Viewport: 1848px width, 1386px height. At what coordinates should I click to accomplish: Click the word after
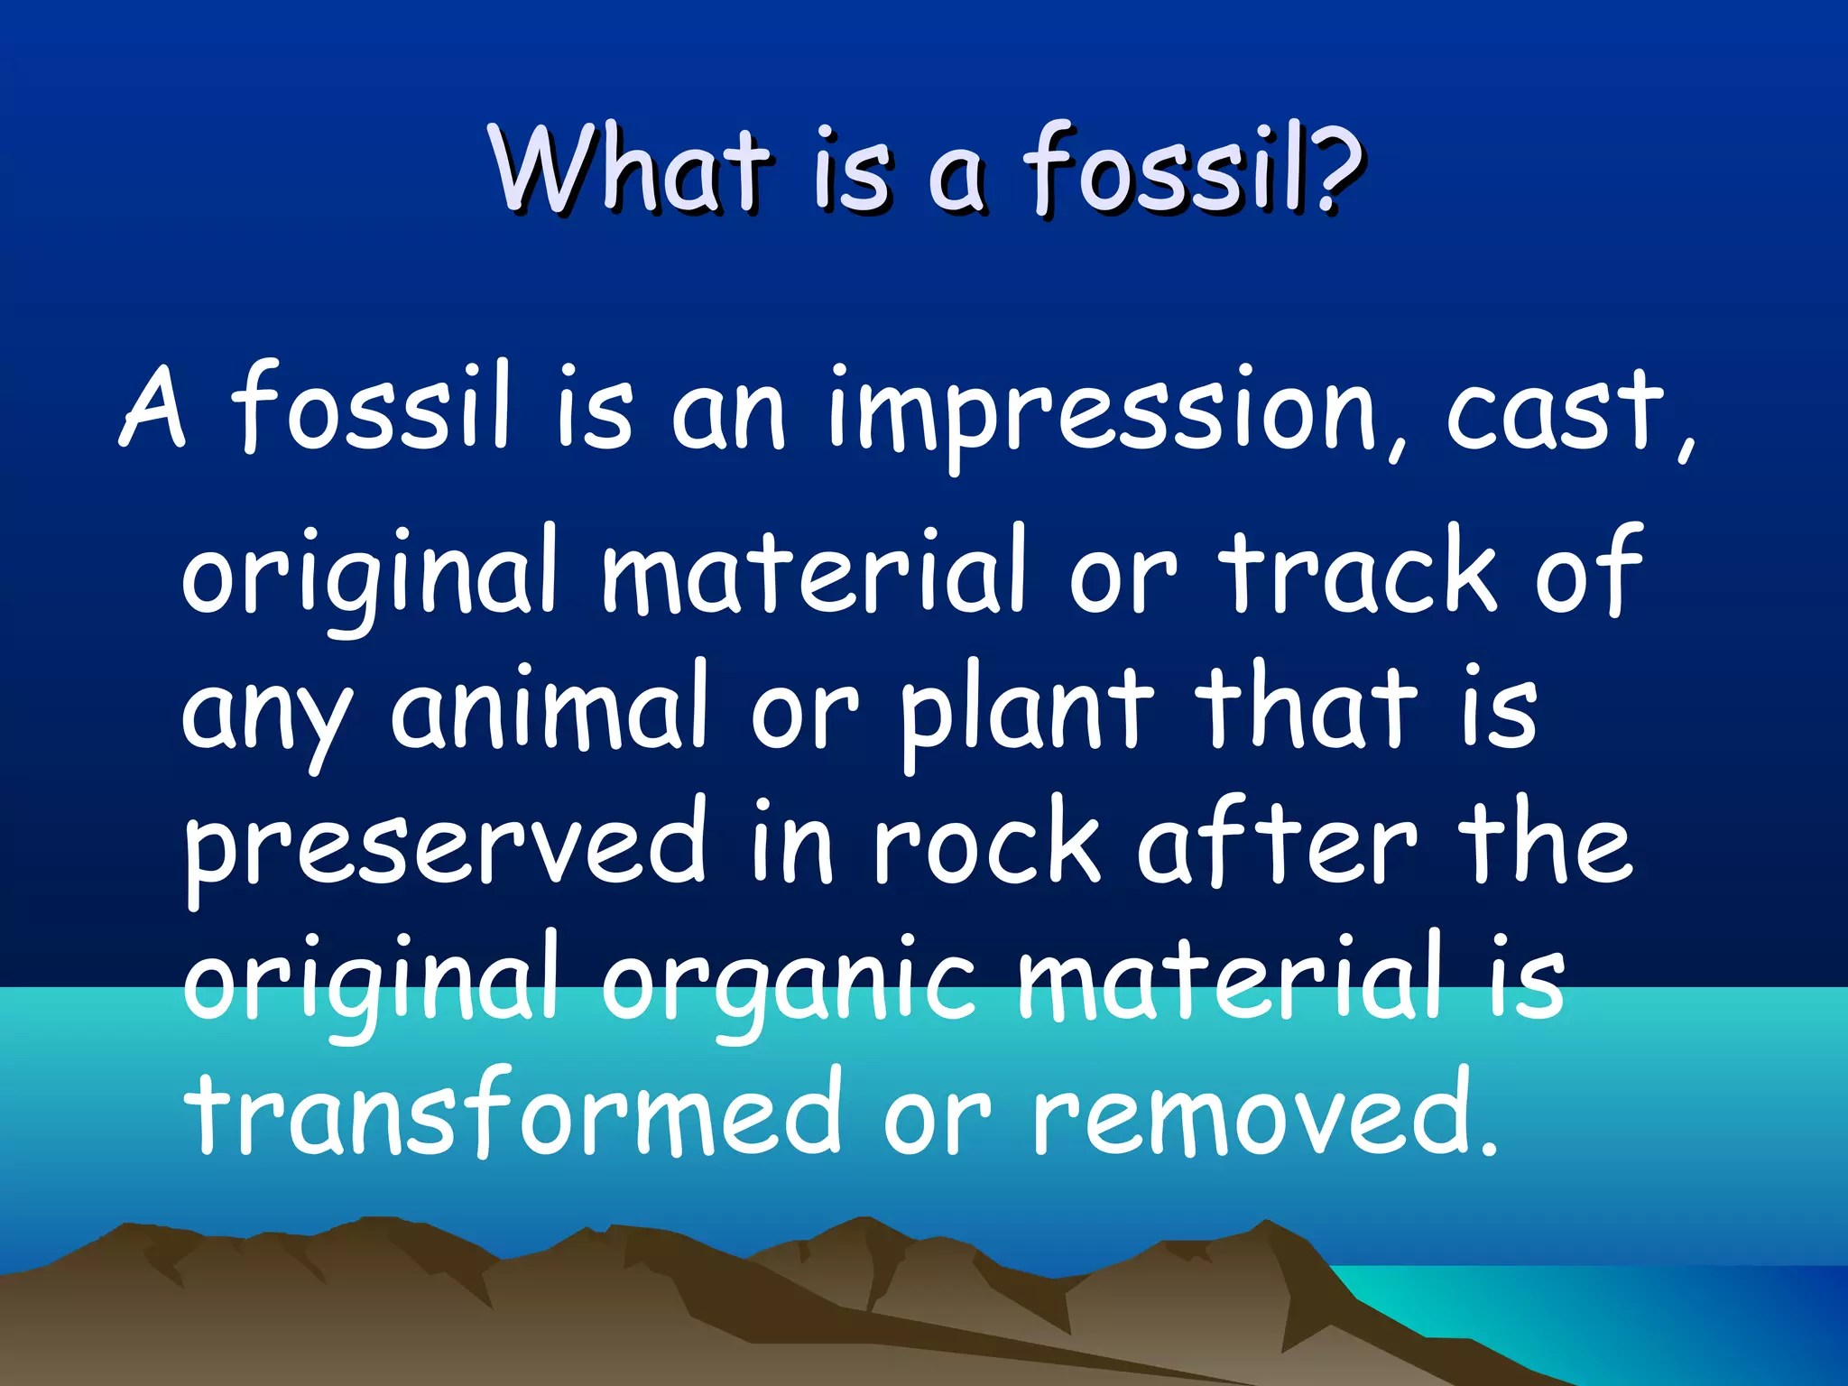click(x=1276, y=843)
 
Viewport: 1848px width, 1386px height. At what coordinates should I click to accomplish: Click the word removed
click(x=1250, y=1113)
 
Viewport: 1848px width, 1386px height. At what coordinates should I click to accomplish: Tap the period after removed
click(x=1488, y=1146)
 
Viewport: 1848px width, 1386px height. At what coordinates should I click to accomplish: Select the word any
click(x=266, y=713)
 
